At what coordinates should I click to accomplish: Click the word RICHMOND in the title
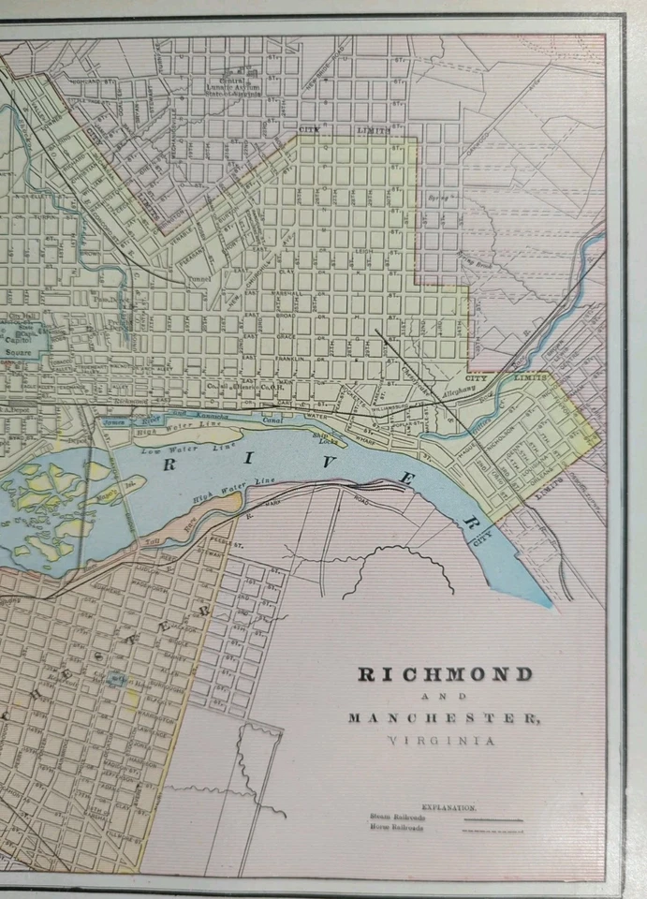coord(445,674)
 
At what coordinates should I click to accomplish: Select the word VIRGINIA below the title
coord(441,740)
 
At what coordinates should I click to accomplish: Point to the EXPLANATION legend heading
coord(448,806)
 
